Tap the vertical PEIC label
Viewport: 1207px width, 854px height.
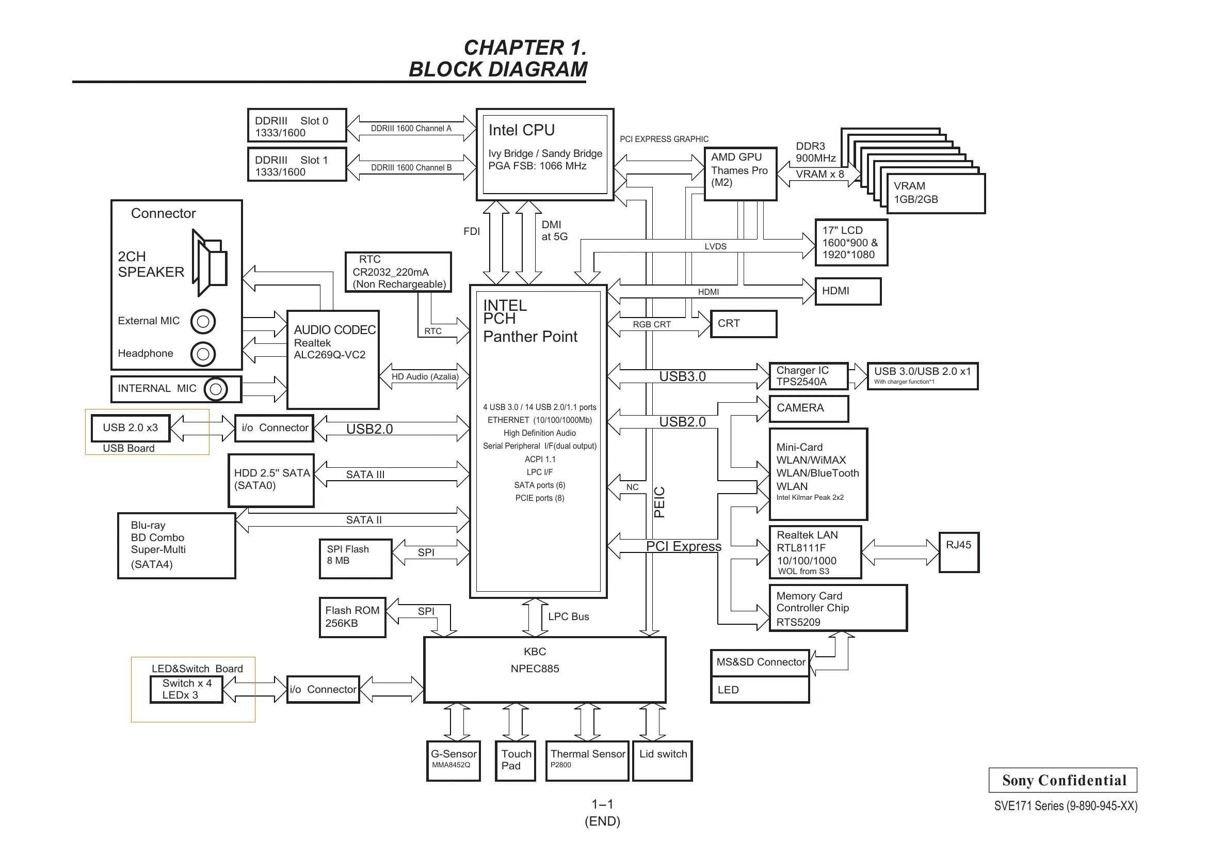pos(659,502)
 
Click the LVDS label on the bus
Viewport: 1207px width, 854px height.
pos(715,247)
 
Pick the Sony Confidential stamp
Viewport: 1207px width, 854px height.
pos(1063,780)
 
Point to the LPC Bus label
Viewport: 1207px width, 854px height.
pos(568,616)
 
